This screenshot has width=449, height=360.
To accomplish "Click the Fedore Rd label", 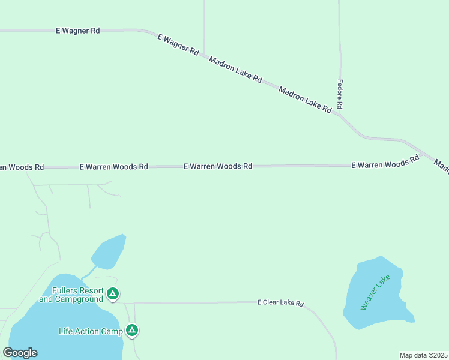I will pyautogui.click(x=340, y=94).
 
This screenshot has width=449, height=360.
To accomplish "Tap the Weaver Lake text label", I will pyautogui.click(x=375, y=292).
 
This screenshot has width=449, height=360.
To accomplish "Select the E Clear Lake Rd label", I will pyautogui.click(x=281, y=303).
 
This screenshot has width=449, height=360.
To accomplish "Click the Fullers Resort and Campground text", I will pyautogui.click(x=71, y=295).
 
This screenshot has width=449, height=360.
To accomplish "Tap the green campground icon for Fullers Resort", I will pyautogui.click(x=113, y=294).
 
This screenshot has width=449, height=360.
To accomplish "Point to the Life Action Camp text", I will pyautogui.click(x=91, y=331).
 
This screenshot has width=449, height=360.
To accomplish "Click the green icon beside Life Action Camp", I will pyautogui.click(x=132, y=330).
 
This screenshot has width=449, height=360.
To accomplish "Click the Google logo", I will pyautogui.click(x=20, y=353).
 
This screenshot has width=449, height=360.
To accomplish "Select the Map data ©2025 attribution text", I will pyautogui.click(x=423, y=355).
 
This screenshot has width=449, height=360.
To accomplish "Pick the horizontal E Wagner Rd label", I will pyautogui.click(x=77, y=30).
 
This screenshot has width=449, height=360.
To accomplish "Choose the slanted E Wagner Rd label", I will pyautogui.click(x=178, y=45).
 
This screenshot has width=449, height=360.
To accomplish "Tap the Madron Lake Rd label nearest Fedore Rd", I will pyautogui.click(x=305, y=100).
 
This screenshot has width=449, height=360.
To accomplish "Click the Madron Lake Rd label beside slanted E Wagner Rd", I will pyautogui.click(x=235, y=69).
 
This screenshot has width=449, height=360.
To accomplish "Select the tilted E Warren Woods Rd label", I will pyautogui.click(x=385, y=163).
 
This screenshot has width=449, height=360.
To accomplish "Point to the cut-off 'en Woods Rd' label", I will pyautogui.click(x=22, y=167).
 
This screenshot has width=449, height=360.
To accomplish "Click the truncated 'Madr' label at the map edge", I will pyautogui.click(x=441, y=166).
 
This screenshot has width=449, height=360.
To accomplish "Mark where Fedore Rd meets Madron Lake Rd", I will pyautogui.click(x=340, y=114).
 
